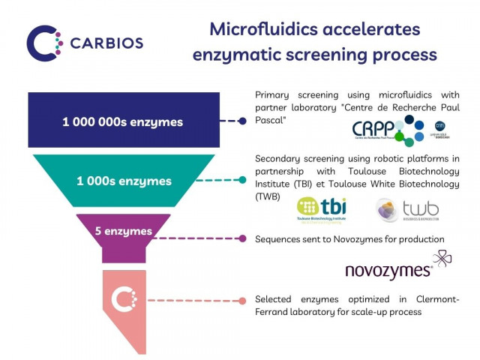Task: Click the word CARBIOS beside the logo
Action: (106, 43)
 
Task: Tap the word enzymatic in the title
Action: (238, 55)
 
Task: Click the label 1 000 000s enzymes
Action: (122, 121)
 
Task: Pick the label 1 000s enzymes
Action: (124, 181)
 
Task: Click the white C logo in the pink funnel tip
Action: (124, 300)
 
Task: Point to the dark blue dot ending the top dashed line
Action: (242, 120)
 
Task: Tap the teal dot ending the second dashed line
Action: (242, 179)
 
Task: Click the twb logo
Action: (409, 210)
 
